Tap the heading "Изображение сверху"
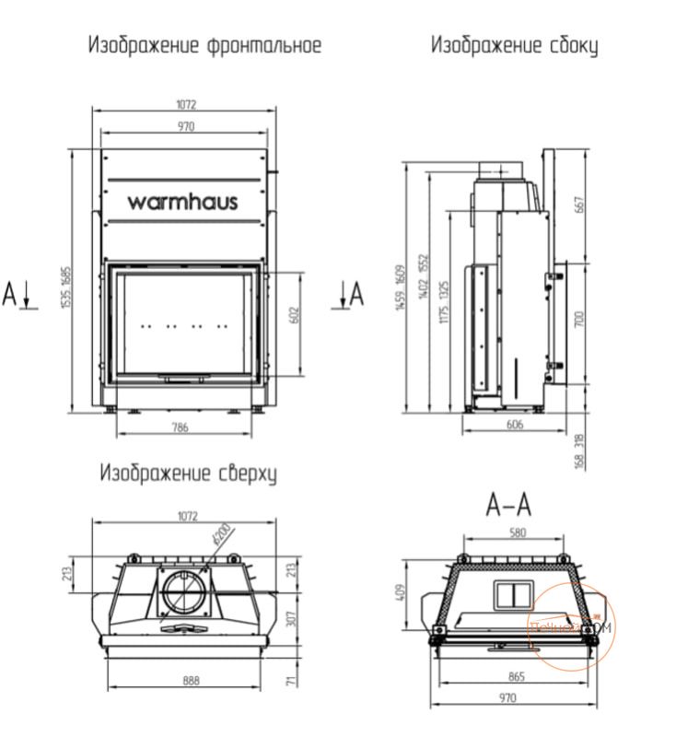190,474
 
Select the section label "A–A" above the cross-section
508,506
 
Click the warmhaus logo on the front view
182,200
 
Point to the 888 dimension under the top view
192,682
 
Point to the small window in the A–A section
507,594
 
